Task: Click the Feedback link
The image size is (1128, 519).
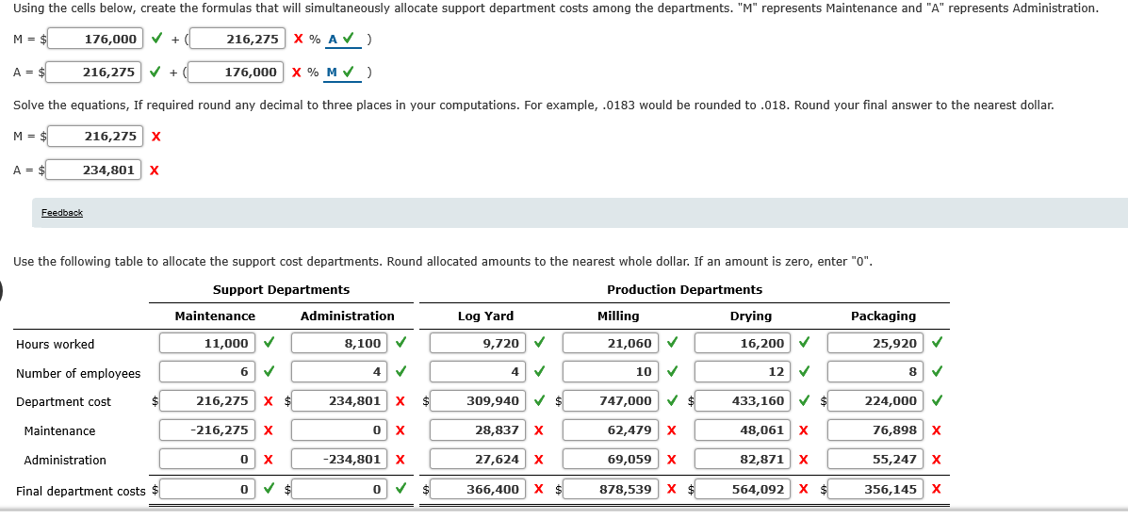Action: click(62, 213)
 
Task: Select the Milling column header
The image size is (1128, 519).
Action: click(618, 316)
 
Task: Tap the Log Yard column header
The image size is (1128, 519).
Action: click(485, 316)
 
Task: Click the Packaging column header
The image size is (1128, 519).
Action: click(883, 316)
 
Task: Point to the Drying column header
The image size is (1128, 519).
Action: click(751, 316)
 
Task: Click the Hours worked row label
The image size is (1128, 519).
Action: click(55, 345)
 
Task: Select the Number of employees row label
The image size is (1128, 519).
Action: click(78, 373)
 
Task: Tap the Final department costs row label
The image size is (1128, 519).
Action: click(81, 491)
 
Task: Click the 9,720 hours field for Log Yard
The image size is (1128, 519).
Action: click(478, 344)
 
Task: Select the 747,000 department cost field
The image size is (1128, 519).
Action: click(611, 400)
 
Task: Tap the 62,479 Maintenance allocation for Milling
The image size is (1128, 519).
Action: click(611, 430)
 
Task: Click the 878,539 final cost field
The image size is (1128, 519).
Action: click(611, 490)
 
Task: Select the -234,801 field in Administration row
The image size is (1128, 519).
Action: click(339, 459)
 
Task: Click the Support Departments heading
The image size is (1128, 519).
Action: click(281, 290)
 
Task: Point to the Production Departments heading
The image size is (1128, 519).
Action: click(685, 290)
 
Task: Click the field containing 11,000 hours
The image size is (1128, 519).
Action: click(207, 344)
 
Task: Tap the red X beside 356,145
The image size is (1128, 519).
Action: click(936, 490)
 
